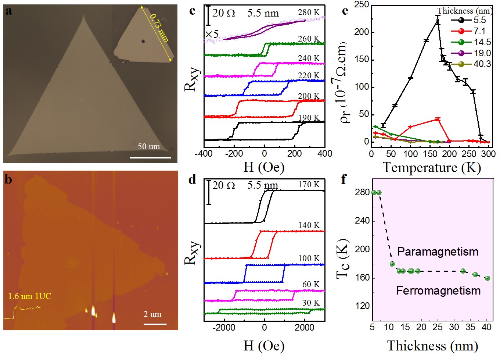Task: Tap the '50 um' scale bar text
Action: pos(149,146)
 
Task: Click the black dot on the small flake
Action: pos(143,42)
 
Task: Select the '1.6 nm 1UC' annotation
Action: pos(30,296)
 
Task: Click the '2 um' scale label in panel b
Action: pos(152,314)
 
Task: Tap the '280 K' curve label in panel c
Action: pos(309,12)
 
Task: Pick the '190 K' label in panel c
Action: pos(309,118)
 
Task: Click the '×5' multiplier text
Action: pos(212,34)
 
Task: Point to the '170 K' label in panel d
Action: pos(309,184)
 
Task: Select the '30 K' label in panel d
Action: pos(311,303)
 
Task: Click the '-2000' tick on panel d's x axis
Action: pos(224,328)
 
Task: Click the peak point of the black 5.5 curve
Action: pos(438,21)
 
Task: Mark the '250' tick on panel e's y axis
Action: pos(361,4)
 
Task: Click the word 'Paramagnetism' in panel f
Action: pos(438,252)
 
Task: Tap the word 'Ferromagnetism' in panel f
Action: pos(438,291)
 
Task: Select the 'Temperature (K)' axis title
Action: pos(432,168)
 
